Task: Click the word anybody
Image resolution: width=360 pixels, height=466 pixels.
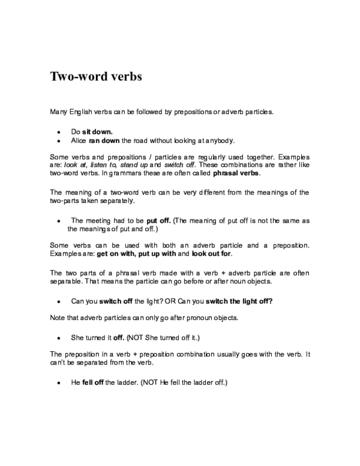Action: [216, 140]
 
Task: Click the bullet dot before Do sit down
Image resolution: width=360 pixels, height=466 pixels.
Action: [58, 131]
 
